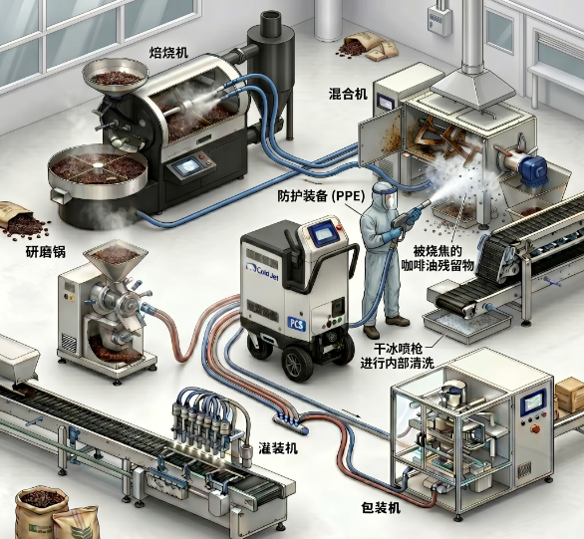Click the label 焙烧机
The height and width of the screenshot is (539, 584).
click(168, 53)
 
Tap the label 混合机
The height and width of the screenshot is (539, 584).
click(348, 94)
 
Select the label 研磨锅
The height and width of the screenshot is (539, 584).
click(46, 252)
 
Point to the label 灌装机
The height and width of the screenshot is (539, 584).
click(278, 448)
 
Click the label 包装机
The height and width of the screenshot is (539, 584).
click(381, 507)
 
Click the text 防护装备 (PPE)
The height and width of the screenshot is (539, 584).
click(321, 196)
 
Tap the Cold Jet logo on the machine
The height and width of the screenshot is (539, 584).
click(262, 268)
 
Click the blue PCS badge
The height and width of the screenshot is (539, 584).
click(297, 324)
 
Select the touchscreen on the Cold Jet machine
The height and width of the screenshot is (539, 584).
click(322, 234)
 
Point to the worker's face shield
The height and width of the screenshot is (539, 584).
click(388, 196)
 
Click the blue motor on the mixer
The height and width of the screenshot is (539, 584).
click(533, 169)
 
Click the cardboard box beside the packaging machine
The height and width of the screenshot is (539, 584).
click(569, 394)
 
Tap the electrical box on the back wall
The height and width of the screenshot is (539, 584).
click(438, 21)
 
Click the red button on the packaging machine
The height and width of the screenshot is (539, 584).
click(535, 428)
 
